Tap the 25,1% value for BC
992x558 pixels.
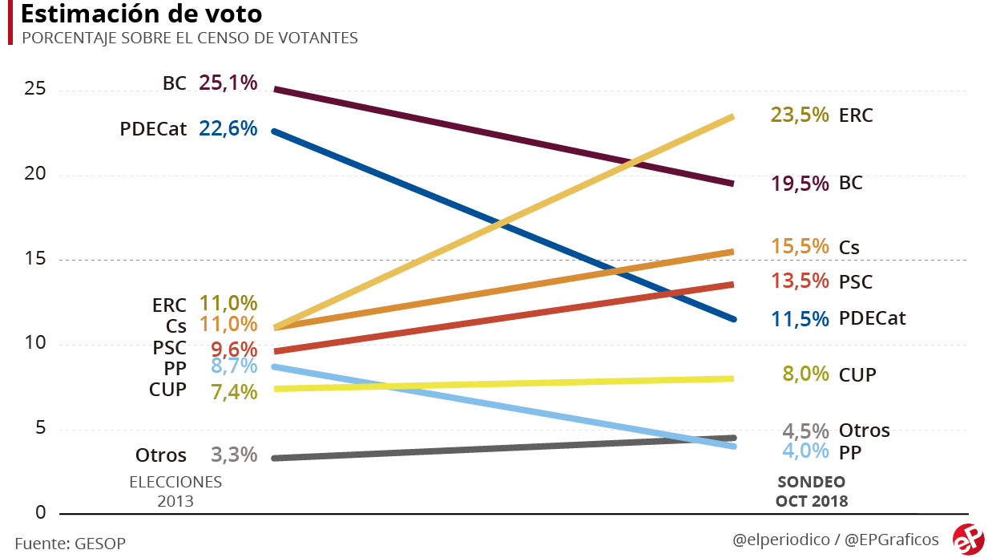[228, 83]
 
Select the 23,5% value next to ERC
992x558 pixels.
[799, 115]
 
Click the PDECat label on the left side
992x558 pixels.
[153, 128]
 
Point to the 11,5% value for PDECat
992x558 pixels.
[800, 318]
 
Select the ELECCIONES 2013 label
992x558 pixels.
[175, 491]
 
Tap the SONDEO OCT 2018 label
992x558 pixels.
[811, 491]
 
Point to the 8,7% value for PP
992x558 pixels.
[234, 366]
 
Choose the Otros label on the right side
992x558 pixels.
[864, 431]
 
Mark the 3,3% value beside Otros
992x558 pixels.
[234, 455]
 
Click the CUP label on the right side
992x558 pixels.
[857, 374]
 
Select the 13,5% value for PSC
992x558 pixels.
[800, 281]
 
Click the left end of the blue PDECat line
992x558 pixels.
[275, 130]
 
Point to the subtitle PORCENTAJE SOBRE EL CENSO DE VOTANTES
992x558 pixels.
[189, 38]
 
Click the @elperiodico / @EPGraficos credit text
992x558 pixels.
[835, 540]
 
